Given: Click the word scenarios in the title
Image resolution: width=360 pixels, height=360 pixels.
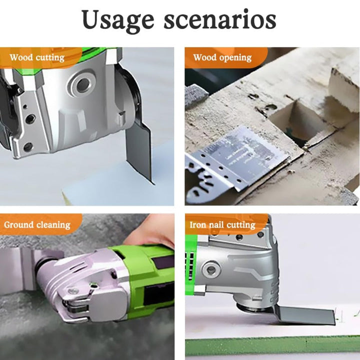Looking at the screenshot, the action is point(220,20).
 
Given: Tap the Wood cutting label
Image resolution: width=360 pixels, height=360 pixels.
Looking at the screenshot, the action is point(37,57).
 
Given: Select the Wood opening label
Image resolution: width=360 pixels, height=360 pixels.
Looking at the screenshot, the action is point(222,57).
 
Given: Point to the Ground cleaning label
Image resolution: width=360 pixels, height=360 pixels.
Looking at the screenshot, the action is point(37,225).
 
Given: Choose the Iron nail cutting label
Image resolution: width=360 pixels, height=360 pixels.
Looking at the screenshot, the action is point(222,225).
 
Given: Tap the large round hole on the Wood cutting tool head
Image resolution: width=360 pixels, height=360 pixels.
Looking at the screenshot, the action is point(83,84).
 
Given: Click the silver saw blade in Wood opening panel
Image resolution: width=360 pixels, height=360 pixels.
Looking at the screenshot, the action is point(236,160).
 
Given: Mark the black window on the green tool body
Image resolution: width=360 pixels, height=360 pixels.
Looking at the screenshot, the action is point(158,295).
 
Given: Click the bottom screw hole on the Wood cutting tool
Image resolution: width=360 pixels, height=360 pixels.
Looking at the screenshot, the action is point(28,146).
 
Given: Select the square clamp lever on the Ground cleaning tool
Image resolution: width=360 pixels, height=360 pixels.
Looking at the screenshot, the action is point(108,303).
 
